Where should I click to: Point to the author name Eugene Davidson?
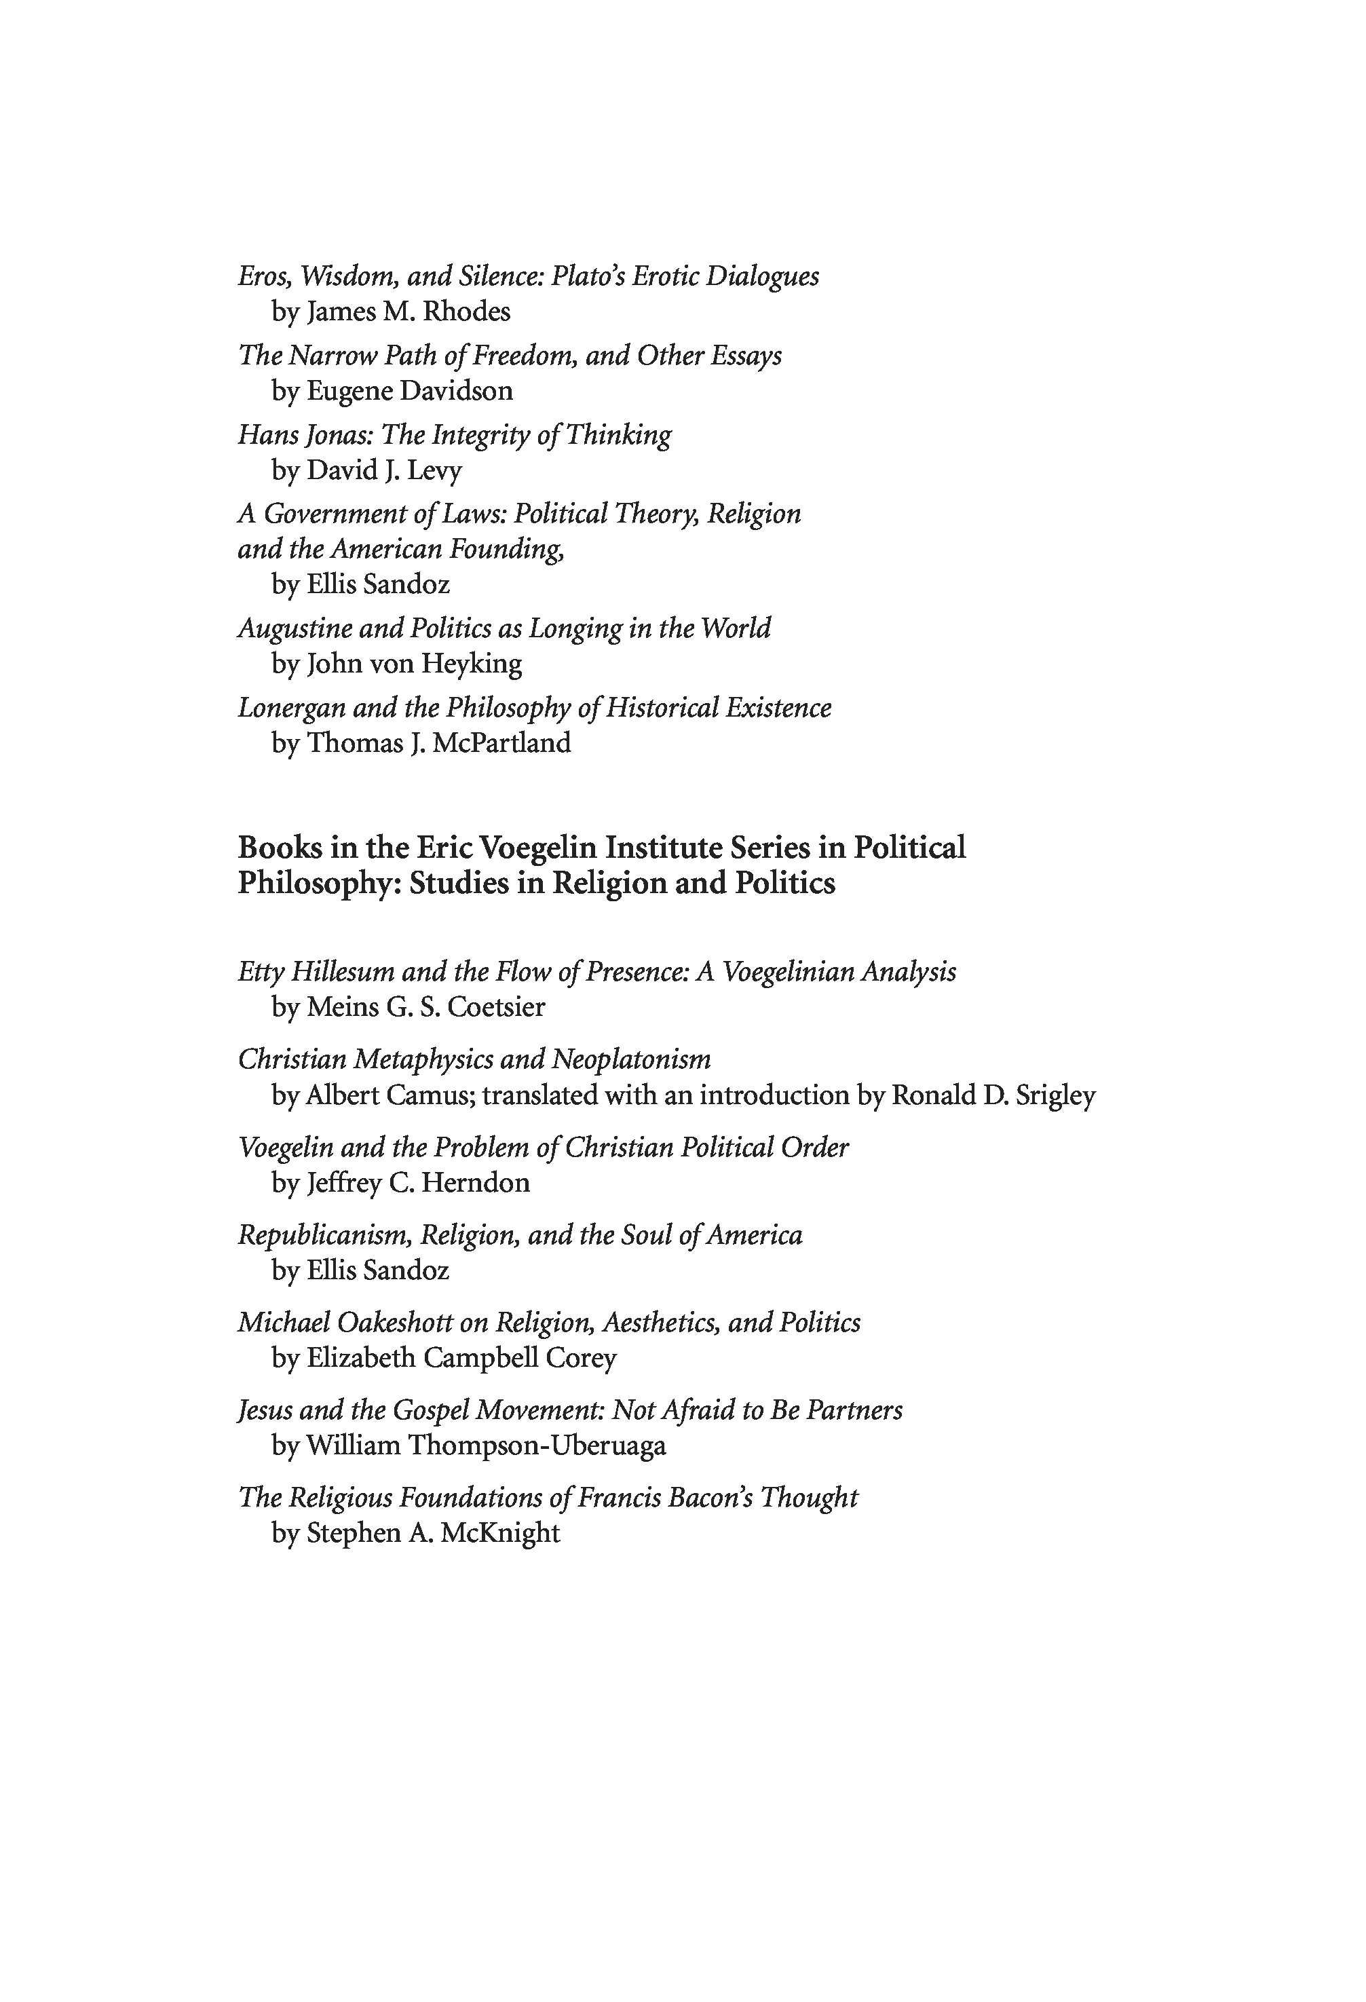pyautogui.click(x=409, y=391)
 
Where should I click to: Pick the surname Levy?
pyautogui.click(x=434, y=470)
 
